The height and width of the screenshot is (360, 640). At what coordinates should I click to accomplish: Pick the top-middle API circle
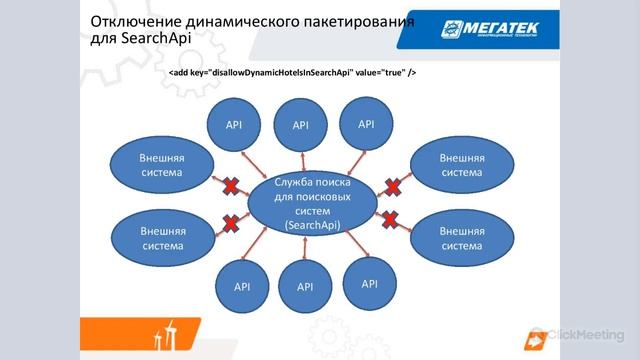tap(301, 125)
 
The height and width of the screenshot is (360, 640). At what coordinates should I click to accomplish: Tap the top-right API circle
tap(365, 124)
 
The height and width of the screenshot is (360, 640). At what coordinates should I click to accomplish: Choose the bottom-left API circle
tap(241, 286)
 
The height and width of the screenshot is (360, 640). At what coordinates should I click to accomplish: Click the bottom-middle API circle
tap(305, 287)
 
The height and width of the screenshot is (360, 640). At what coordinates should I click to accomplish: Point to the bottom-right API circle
tap(369, 284)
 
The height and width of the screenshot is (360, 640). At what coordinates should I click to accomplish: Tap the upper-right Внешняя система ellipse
tap(461, 165)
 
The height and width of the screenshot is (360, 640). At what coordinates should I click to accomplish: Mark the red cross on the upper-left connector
tap(230, 185)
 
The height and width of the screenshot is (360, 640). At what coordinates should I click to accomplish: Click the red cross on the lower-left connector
tap(230, 222)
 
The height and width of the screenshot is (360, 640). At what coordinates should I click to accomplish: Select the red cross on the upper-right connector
tap(394, 185)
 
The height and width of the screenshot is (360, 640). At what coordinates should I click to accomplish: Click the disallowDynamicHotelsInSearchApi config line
tap(292, 73)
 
